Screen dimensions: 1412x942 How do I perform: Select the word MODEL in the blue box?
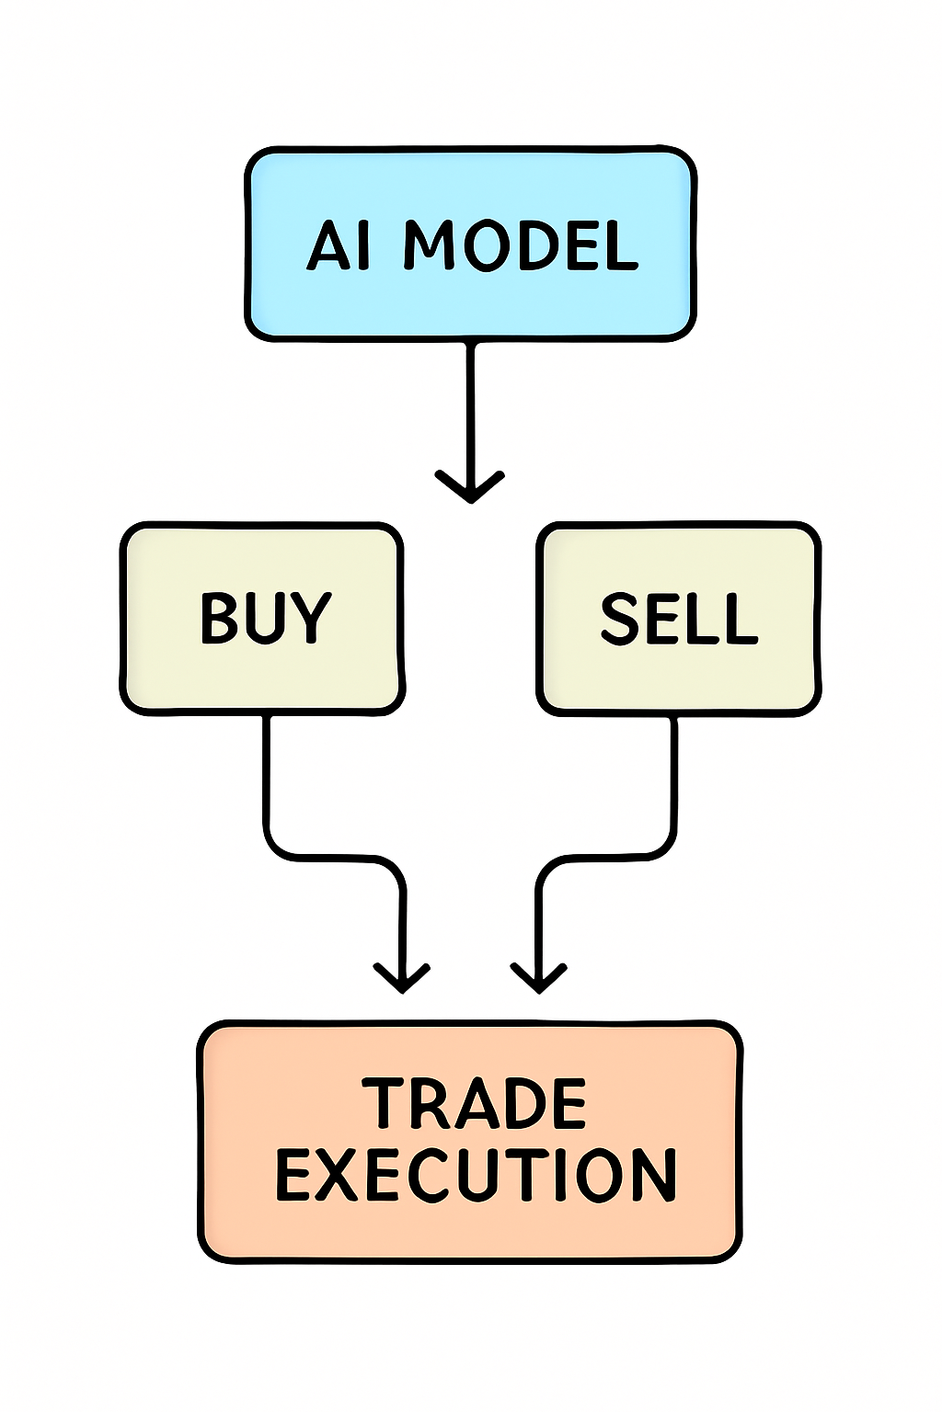click(x=521, y=245)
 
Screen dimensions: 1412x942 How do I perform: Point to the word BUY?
click(x=265, y=618)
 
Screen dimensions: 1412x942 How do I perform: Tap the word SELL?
click(x=679, y=618)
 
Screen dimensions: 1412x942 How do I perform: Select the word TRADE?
click(x=474, y=1103)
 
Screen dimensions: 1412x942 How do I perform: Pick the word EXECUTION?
click(x=477, y=1175)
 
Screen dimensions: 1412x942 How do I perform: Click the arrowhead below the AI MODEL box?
click(x=470, y=487)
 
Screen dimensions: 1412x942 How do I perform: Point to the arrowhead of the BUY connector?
click(x=402, y=977)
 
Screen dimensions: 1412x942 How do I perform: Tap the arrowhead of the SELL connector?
click(x=539, y=977)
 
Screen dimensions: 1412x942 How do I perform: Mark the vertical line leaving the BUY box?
click(x=267, y=772)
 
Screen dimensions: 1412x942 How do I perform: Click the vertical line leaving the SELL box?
click(x=674, y=772)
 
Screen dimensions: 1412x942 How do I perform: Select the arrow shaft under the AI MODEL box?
click(x=471, y=404)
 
